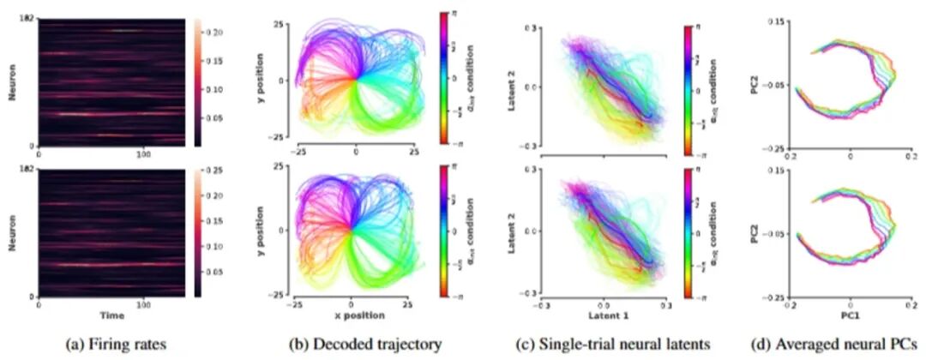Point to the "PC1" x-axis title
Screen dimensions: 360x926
[x=851, y=315]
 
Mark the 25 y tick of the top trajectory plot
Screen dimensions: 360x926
[x=280, y=21]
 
